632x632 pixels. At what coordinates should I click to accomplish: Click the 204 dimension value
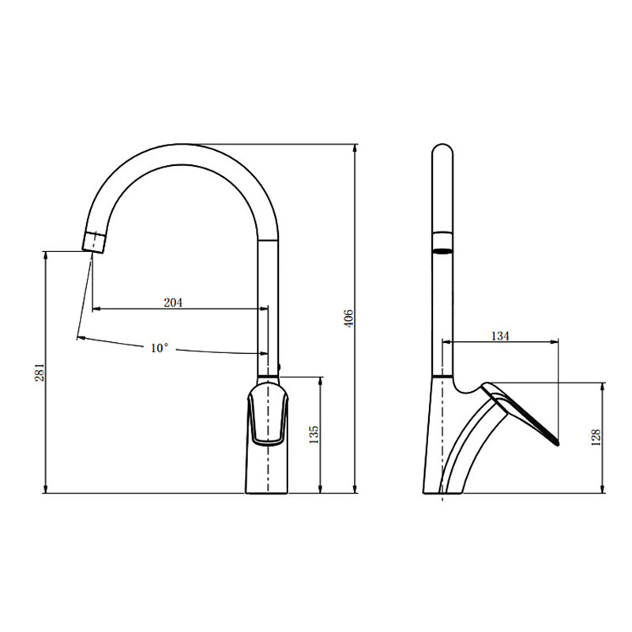click(x=172, y=303)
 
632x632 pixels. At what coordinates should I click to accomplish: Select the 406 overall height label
click(x=348, y=319)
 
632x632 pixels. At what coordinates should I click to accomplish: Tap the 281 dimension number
click(x=39, y=372)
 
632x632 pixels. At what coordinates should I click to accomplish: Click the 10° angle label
click(x=160, y=348)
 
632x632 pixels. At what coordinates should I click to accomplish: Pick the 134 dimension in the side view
click(x=500, y=336)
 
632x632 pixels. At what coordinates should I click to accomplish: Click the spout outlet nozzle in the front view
click(x=94, y=240)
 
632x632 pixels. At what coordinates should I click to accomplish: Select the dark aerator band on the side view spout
click(x=443, y=251)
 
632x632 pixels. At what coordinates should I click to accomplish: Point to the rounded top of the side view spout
click(x=443, y=149)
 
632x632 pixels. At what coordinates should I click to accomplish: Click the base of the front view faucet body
click(x=268, y=490)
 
